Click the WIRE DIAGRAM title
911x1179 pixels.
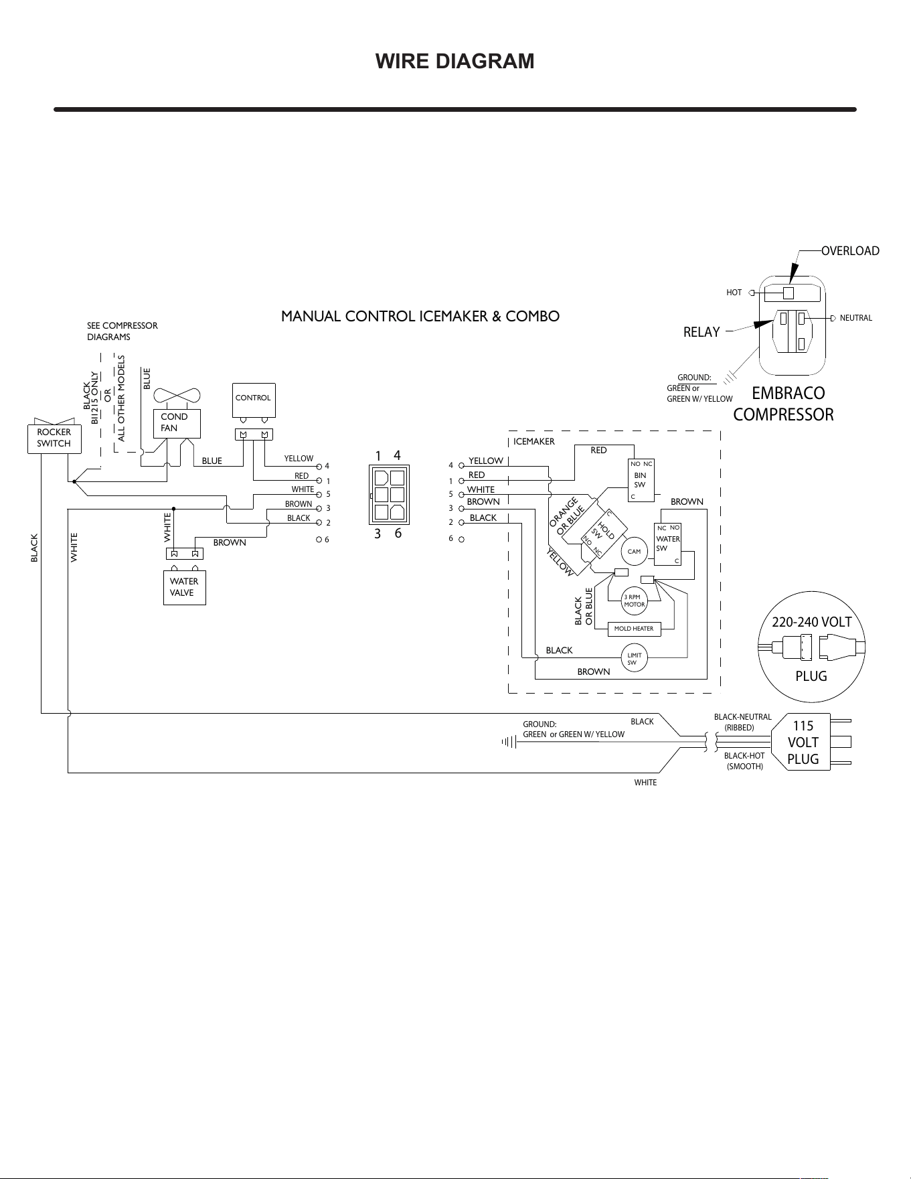[455, 61]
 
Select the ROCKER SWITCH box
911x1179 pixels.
[54, 438]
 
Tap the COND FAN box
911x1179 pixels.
[177, 423]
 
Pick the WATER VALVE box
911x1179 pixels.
[184, 587]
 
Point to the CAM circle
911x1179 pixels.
[635, 552]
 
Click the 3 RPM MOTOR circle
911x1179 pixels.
[634, 601]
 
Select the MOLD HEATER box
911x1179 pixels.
[634, 629]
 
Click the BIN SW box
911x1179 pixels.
[641, 480]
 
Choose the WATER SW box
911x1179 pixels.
[667, 544]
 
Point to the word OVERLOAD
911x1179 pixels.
[850, 251]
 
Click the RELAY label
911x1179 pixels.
[701, 332]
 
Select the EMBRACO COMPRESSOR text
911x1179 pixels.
[784, 404]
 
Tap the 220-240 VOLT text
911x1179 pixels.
[812, 622]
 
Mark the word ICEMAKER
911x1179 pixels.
[534, 442]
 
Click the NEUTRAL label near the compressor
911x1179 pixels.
[856, 318]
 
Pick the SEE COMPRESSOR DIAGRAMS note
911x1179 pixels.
[122, 331]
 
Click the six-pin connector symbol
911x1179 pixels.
[389, 495]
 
